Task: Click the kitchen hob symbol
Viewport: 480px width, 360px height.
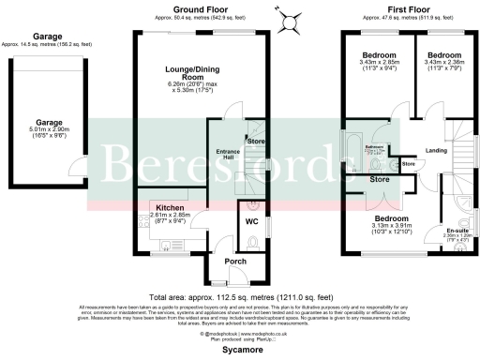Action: click(x=142, y=221)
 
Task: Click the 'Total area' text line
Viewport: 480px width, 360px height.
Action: click(x=240, y=291)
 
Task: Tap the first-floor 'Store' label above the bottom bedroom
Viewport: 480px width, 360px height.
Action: click(x=381, y=178)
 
